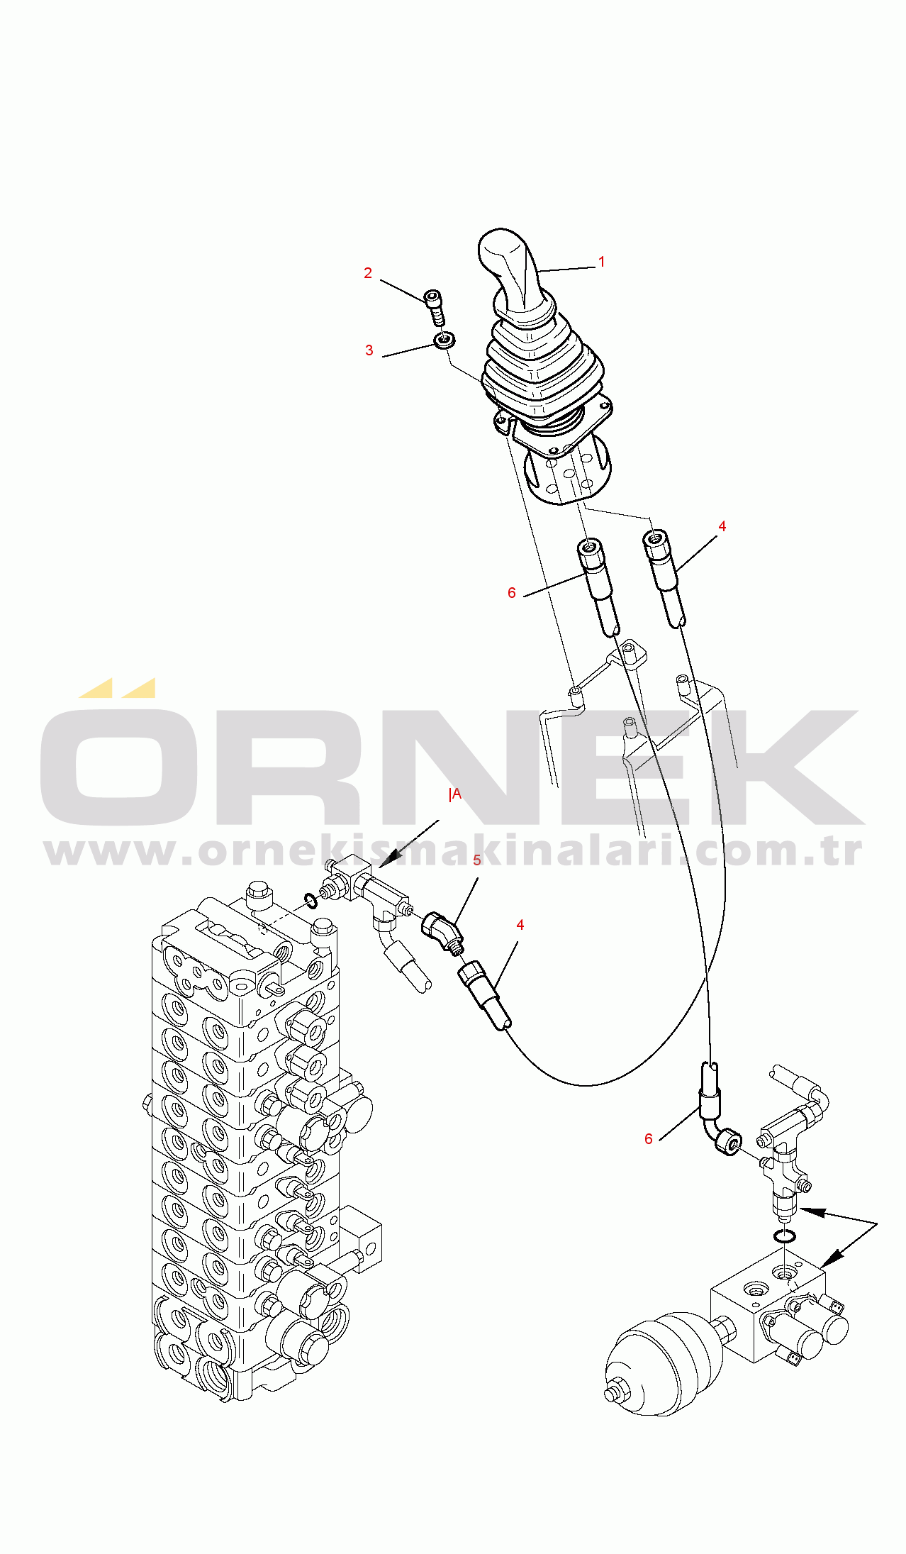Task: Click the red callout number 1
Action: point(601,262)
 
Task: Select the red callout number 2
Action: point(368,273)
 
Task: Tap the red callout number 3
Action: point(369,350)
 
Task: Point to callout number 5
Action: point(477,860)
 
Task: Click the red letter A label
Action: point(456,794)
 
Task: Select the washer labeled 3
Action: point(444,340)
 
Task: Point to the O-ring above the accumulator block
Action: point(784,1237)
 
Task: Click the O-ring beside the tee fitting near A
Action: point(311,901)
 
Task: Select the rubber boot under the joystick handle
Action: point(542,369)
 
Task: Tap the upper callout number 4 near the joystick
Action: point(722,526)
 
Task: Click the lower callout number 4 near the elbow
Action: point(520,925)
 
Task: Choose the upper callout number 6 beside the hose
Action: point(511,593)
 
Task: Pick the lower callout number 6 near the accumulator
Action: point(648,1139)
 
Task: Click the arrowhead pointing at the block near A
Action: point(384,862)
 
